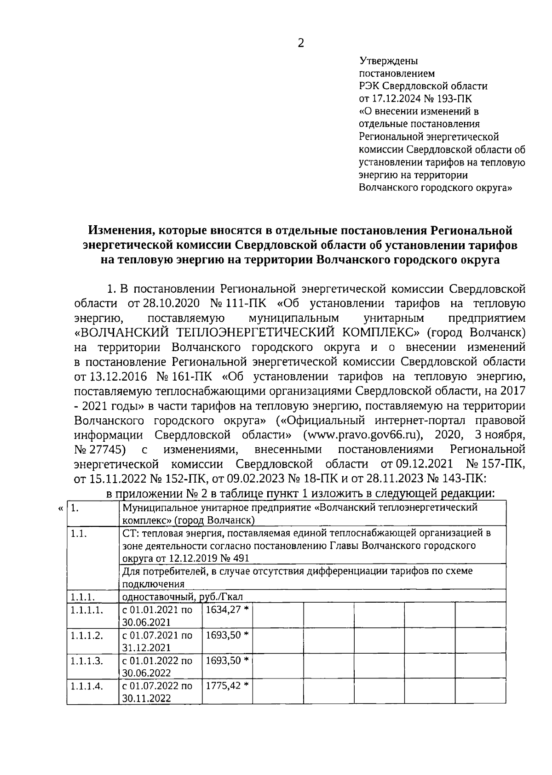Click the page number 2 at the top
point(301,43)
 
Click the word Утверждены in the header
point(388,60)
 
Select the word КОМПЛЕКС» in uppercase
point(375,332)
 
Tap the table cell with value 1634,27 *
point(227,610)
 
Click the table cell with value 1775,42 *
point(227,686)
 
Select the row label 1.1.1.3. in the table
point(86,661)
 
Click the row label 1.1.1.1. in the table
point(86,610)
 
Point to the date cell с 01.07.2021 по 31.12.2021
point(157,641)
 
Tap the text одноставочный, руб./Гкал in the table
point(182,597)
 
